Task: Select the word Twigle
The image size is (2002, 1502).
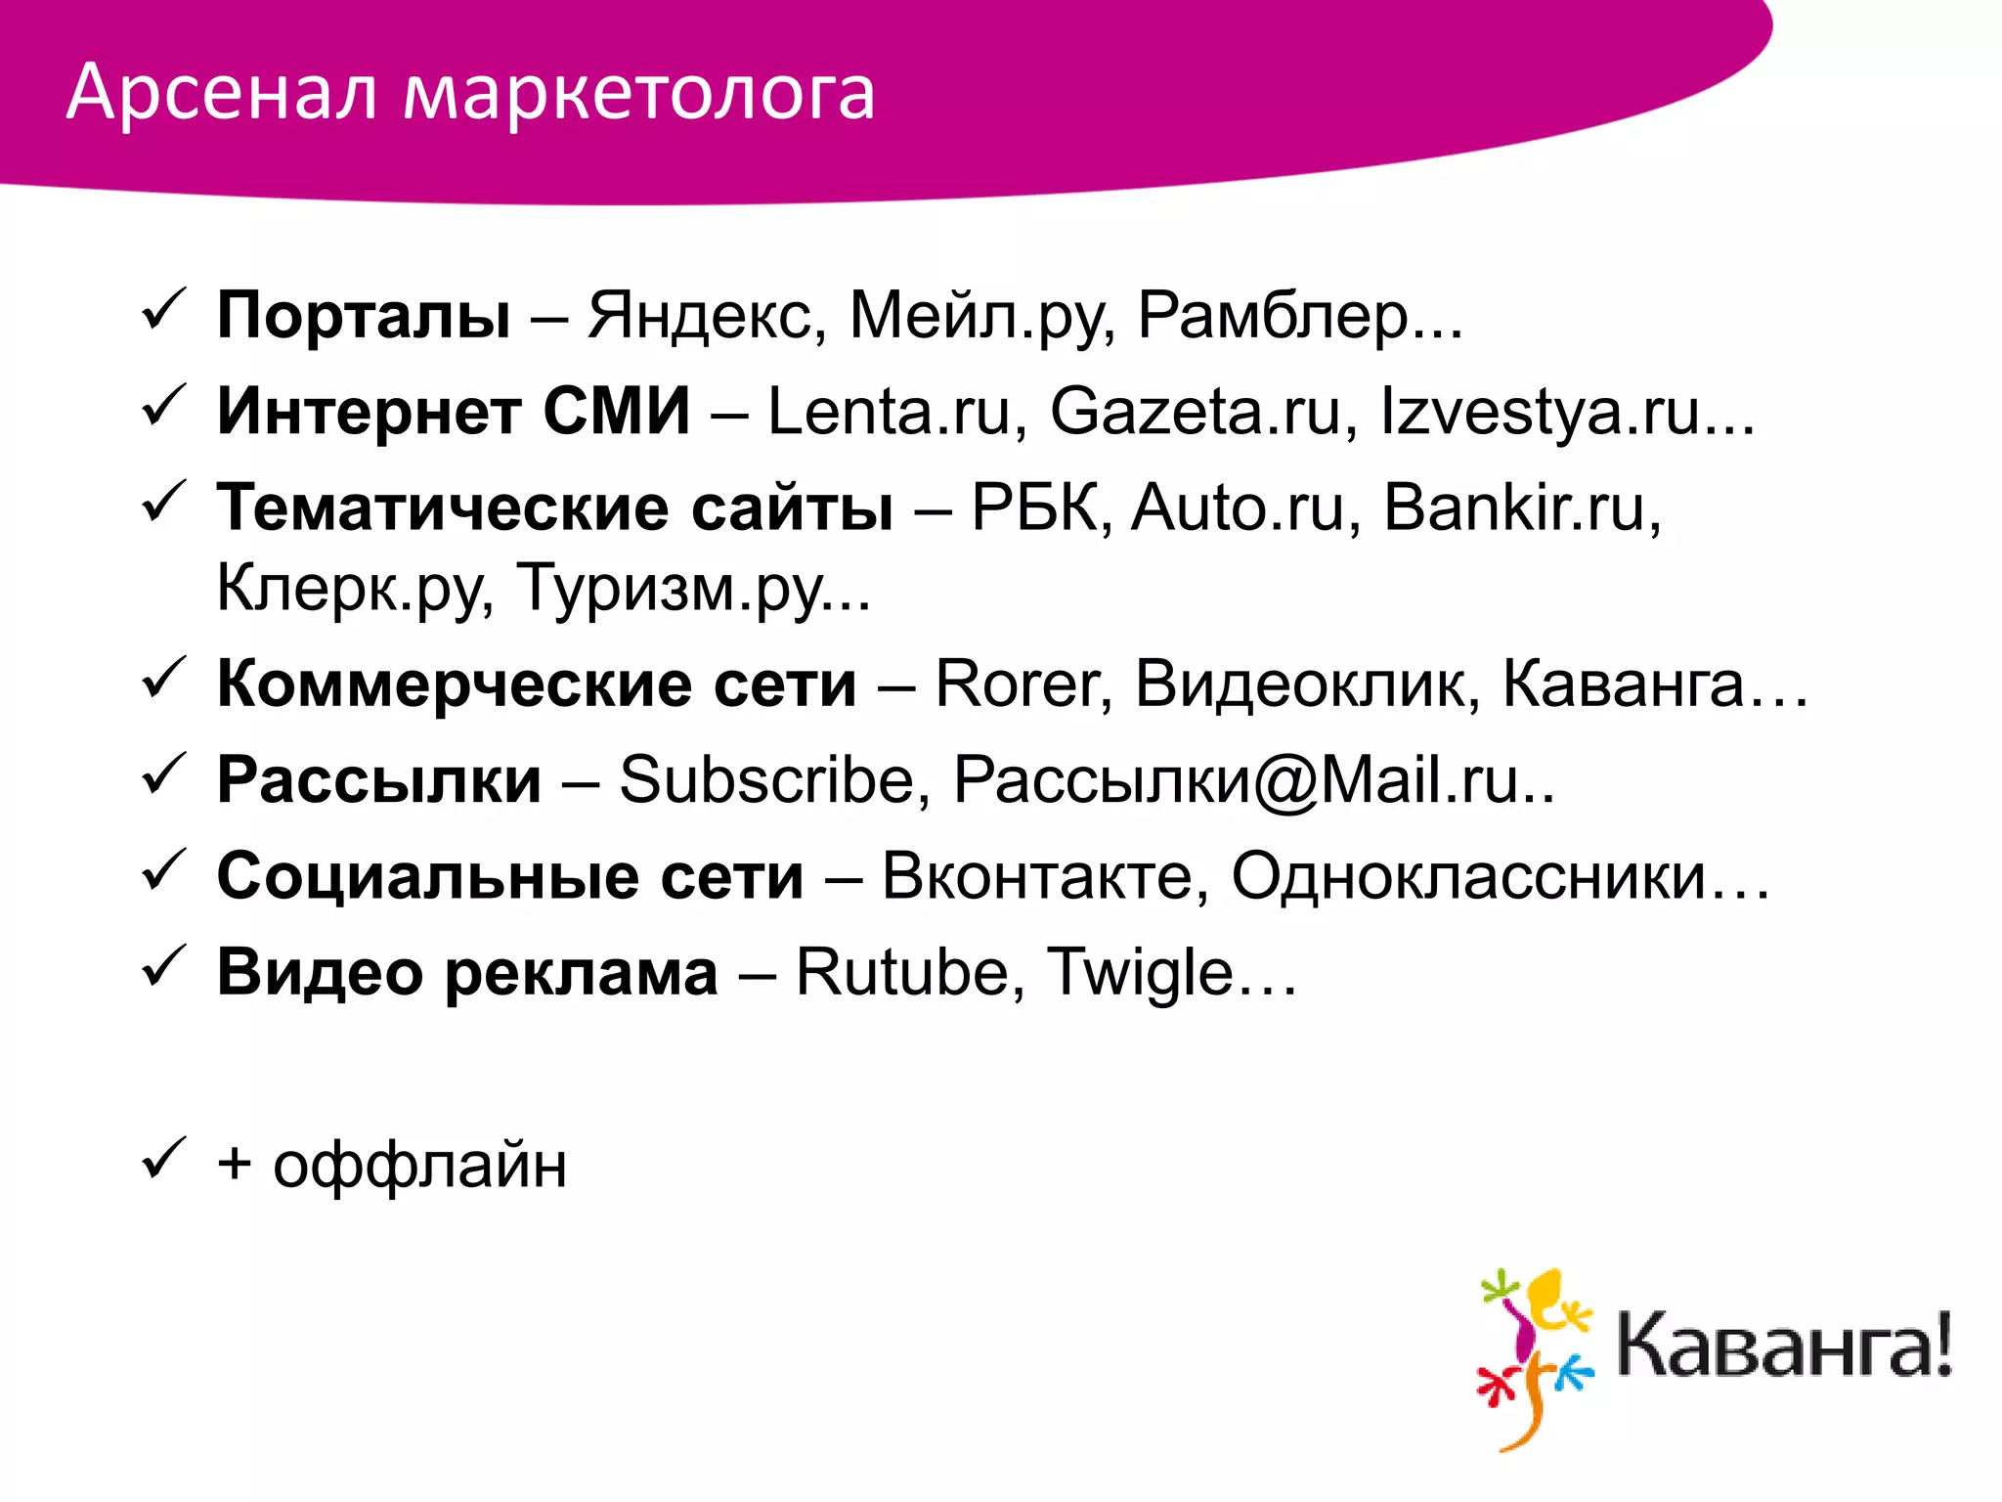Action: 1140,972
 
